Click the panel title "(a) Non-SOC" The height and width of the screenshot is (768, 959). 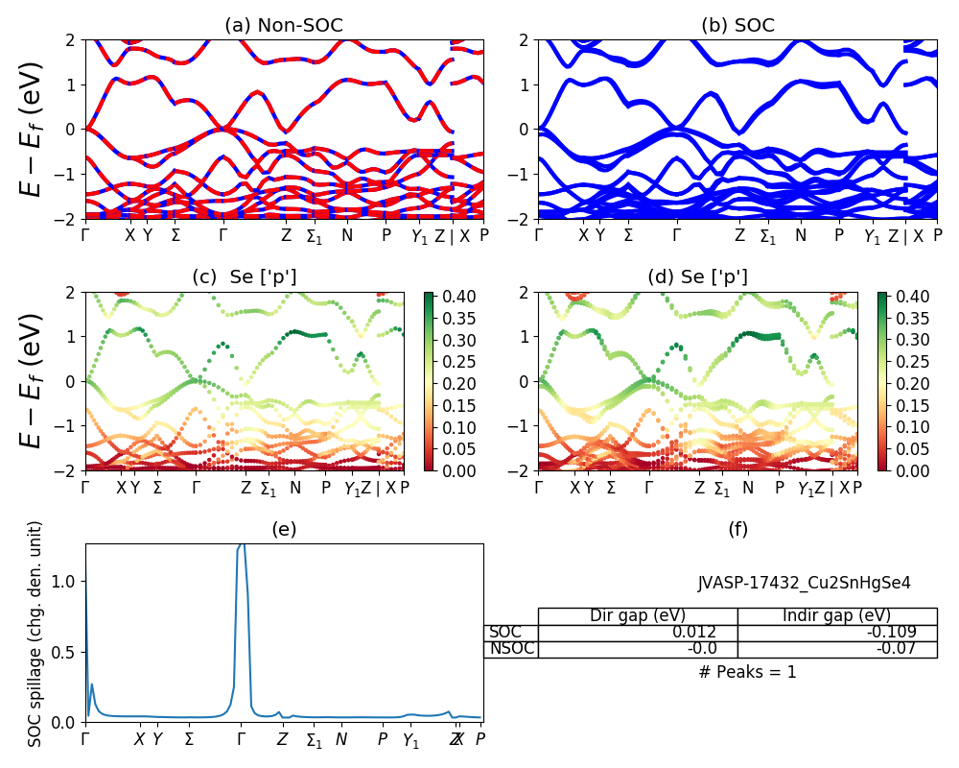click(x=284, y=26)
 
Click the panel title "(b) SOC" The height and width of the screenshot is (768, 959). click(x=737, y=26)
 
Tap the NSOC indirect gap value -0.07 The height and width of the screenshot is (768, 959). click(x=900, y=649)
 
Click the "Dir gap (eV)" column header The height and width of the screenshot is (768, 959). click(x=638, y=616)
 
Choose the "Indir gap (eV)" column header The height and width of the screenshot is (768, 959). click(x=837, y=616)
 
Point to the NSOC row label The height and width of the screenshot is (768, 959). click(x=509, y=649)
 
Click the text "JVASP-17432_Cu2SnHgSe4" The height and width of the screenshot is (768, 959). click(x=804, y=583)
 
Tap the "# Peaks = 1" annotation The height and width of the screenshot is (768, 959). click(x=747, y=672)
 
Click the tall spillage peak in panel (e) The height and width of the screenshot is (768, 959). click(x=243, y=547)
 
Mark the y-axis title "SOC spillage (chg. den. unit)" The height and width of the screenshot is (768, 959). click(x=35, y=634)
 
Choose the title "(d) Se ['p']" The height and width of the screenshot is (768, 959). click(x=697, y=277)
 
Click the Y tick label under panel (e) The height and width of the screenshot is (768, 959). click(x=157, y=739)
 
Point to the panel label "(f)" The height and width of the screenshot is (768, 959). click(x=737, y=529)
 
